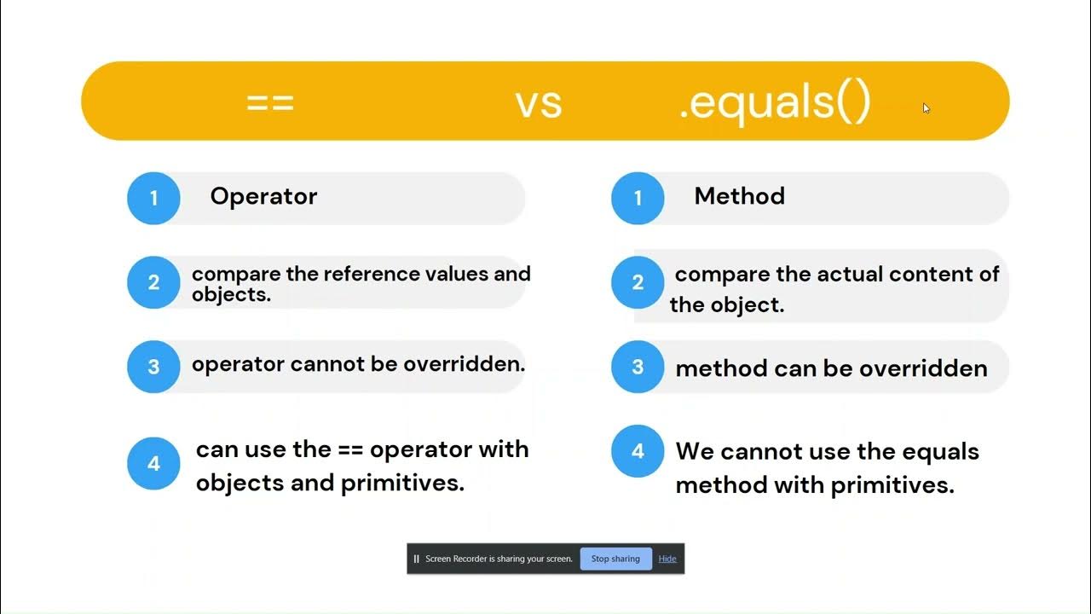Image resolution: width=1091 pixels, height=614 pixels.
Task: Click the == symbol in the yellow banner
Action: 270,102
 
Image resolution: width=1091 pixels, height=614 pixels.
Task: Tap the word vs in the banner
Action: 539,102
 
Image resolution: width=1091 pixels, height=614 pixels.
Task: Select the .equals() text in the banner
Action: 774,102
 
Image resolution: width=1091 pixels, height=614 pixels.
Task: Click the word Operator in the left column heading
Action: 263,196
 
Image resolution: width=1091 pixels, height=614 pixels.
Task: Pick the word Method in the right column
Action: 739,196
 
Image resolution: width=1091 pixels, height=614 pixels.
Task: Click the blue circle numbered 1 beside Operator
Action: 153,198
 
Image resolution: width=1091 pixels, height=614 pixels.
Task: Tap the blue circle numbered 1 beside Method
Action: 638,198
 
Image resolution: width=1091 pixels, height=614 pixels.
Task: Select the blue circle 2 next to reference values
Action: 153,282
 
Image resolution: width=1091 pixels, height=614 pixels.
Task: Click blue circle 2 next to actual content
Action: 638,282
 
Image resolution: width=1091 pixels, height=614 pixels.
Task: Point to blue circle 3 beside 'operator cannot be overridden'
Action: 153,367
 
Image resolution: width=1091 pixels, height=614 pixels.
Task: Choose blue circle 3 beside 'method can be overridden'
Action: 638,367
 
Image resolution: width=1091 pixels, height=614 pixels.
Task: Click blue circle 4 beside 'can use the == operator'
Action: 153,464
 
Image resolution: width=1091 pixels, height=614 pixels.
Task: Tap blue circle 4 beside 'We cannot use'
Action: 638,451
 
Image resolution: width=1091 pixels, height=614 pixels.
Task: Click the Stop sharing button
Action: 615,559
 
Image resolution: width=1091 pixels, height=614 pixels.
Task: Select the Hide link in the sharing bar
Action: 667,559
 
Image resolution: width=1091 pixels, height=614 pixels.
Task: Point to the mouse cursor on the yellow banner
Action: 926,107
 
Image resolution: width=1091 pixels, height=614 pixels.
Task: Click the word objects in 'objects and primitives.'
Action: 235,483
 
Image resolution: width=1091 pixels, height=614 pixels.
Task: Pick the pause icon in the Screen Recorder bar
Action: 416,559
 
